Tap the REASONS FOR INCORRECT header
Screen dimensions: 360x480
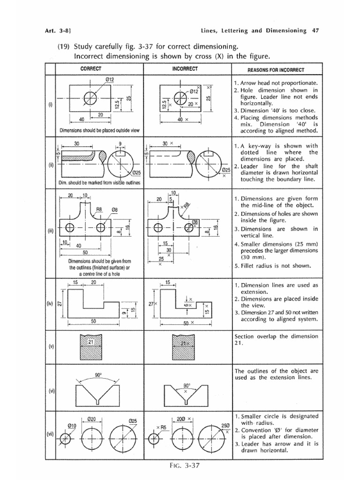pos(276,70)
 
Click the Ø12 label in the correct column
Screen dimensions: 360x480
pos(110,80)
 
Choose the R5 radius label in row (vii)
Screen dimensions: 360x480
pos(163,427)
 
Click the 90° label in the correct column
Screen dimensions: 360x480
pos(98,375)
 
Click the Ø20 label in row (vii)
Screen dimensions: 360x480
pos(92,419)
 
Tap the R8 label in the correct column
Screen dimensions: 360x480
pos(99,210)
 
